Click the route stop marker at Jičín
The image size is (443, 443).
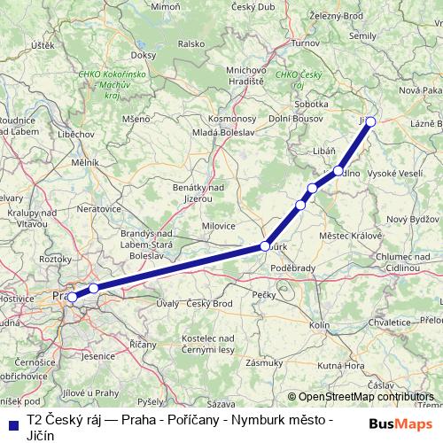371,122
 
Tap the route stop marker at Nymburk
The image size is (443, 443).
264,246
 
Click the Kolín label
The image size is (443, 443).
320,325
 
